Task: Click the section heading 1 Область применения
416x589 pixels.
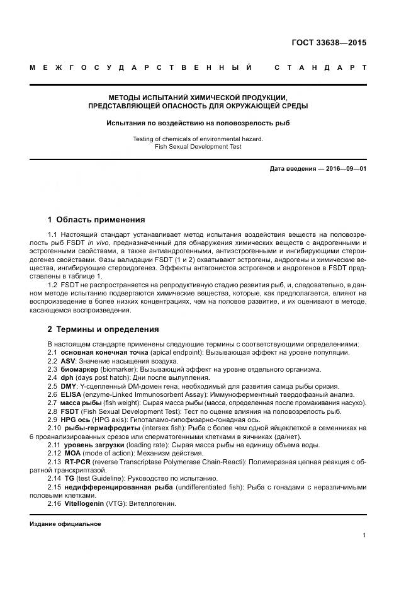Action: coord(96,220)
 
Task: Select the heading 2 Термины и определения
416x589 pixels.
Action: coord(103,329)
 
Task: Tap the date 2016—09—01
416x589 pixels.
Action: coord(345,169)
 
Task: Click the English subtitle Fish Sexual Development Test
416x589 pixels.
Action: coord(198,146)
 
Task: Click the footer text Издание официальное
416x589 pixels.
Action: coord(65,524)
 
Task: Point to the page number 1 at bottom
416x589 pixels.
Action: coord(364,535)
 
